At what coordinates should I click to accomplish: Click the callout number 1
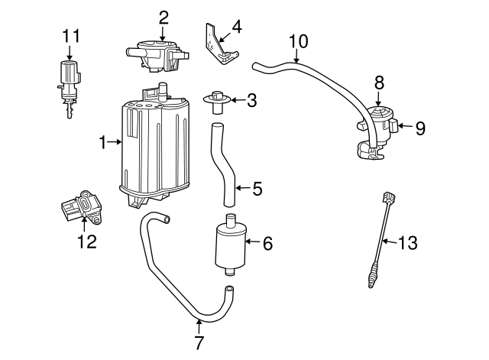102,141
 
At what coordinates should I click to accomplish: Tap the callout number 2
163,16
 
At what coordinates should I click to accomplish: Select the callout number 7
199,342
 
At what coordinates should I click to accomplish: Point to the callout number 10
299,40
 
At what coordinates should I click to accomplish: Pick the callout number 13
409,243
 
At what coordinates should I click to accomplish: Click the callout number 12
86,242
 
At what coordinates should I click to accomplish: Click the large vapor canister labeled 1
157,149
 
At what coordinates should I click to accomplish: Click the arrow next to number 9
403,128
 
